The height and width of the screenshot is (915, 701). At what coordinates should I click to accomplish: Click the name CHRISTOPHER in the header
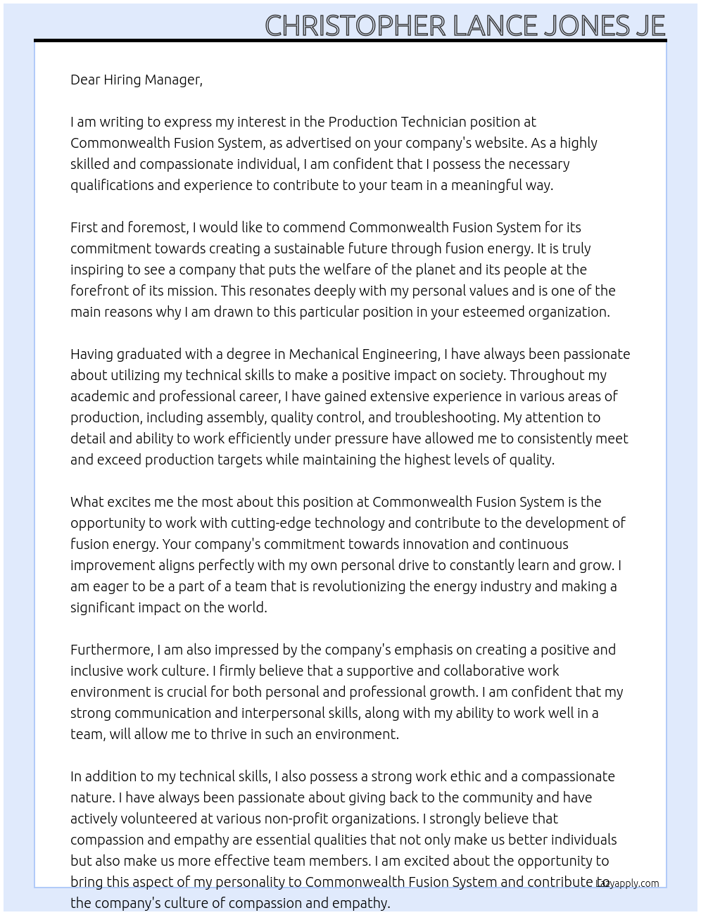[355, 26]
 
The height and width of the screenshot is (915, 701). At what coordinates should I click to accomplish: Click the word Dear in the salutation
[85, 80]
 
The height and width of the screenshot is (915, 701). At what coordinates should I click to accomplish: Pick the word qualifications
[111, 185]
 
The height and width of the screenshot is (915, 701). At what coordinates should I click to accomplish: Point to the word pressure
[359, 438]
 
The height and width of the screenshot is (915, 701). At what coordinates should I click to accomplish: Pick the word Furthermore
[111, 650]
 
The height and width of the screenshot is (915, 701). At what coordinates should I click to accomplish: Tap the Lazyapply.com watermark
[627, 883]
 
